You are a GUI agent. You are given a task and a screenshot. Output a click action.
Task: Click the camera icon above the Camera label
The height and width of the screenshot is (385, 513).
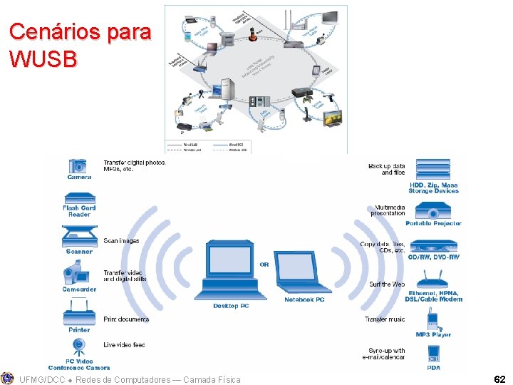[78, 166]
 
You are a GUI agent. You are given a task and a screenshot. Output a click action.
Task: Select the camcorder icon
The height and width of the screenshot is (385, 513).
[78, 274]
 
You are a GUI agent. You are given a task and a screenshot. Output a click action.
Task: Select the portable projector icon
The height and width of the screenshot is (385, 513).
[433, 211]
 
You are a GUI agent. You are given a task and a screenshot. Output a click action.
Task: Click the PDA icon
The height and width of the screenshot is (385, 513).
[433, 354]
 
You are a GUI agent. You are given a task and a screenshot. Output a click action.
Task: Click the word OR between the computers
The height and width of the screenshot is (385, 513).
[264, 265]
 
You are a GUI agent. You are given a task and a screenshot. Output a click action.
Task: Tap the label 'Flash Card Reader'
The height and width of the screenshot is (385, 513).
[79, 211]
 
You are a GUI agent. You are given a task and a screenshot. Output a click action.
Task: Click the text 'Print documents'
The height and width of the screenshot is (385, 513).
[126, 319]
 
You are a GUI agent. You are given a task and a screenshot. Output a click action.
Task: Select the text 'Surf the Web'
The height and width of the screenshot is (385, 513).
[387, 284]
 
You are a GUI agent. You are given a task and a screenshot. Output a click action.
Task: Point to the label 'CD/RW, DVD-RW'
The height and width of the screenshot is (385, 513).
[433, 257]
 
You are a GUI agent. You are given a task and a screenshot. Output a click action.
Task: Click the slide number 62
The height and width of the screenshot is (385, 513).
[499, 380]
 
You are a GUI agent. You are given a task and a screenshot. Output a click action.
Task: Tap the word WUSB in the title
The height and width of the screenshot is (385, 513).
[43, 59]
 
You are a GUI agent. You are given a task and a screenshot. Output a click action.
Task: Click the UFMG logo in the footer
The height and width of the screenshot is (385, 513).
[7, 379]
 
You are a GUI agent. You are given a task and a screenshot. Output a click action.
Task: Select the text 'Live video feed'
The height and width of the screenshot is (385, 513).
[124, 345]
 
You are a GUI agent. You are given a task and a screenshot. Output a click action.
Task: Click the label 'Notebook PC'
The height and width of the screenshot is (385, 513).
[304, 299]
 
